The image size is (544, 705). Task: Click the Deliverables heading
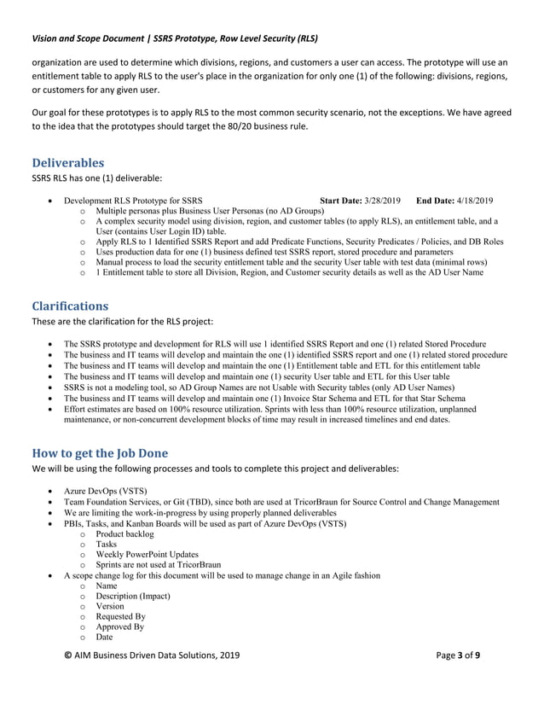tap(67, 162)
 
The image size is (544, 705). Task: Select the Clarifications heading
tap(70, 306)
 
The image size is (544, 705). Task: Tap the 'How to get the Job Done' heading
tap(100, 452)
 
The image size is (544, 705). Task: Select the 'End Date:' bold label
tap(437, 201)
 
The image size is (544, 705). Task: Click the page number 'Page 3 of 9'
tap(458, 679)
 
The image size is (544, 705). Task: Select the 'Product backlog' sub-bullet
tap(125, 533)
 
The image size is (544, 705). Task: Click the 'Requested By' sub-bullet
tap(121, 616)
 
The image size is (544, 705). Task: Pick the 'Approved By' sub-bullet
tap(120, 626)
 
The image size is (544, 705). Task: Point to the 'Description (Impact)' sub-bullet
tap(133, 596)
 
